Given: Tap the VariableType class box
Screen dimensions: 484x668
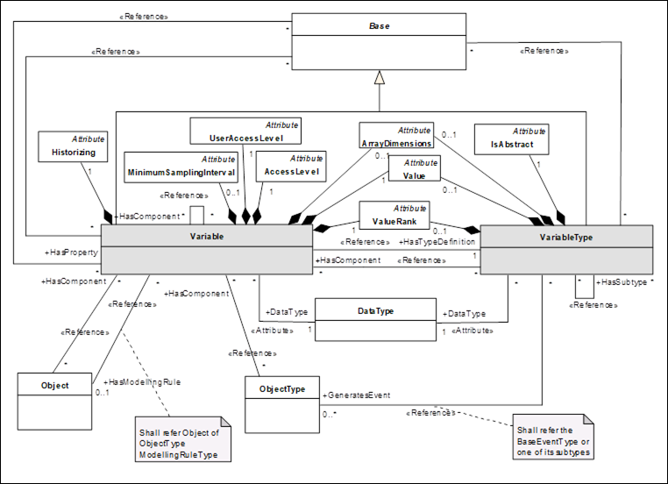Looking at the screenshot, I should click(x=566, y=250).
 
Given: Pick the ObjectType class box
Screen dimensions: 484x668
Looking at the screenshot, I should click(x=282, y=403).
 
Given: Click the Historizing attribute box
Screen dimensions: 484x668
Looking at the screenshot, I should click(x=74, y=147).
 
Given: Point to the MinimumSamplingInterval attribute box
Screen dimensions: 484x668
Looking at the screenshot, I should click(x=181, y=166).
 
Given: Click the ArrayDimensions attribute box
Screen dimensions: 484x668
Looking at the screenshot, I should click(x=395, y=136).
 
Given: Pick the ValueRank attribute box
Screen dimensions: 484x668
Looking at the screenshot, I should click(x=394, y=216).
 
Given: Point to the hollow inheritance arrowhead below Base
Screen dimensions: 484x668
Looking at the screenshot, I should click(x=378, y=78).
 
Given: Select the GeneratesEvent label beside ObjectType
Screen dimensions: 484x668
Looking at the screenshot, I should click(x=357, y=395).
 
